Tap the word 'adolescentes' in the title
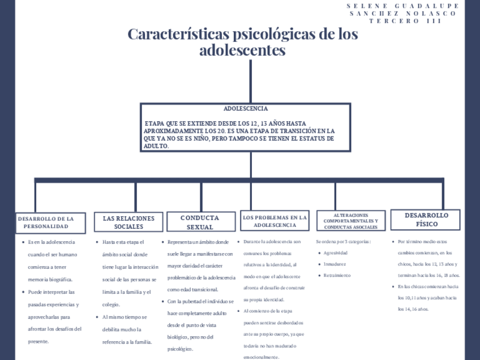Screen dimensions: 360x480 (x=242, y=50)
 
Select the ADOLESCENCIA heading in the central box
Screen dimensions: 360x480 (x=246, y=108)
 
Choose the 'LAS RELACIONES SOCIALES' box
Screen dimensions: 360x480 (x=128, y=222)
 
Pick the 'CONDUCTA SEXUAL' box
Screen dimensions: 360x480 (x=200, y=222)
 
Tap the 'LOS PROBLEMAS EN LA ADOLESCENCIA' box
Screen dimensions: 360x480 (x=275, y=221)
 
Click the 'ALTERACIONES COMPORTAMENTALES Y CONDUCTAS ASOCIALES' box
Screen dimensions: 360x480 (x=351, y=221)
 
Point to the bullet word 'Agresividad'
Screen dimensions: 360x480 (x=335, y=253)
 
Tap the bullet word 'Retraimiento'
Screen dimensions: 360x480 (x=337, y=275)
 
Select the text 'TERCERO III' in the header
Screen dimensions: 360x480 (x=405, y=21)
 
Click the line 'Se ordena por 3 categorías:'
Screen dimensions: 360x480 (x=344, y=242)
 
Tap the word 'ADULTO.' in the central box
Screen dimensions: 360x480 (x=157, y=146)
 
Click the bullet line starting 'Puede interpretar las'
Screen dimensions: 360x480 (x=52, y=292)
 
